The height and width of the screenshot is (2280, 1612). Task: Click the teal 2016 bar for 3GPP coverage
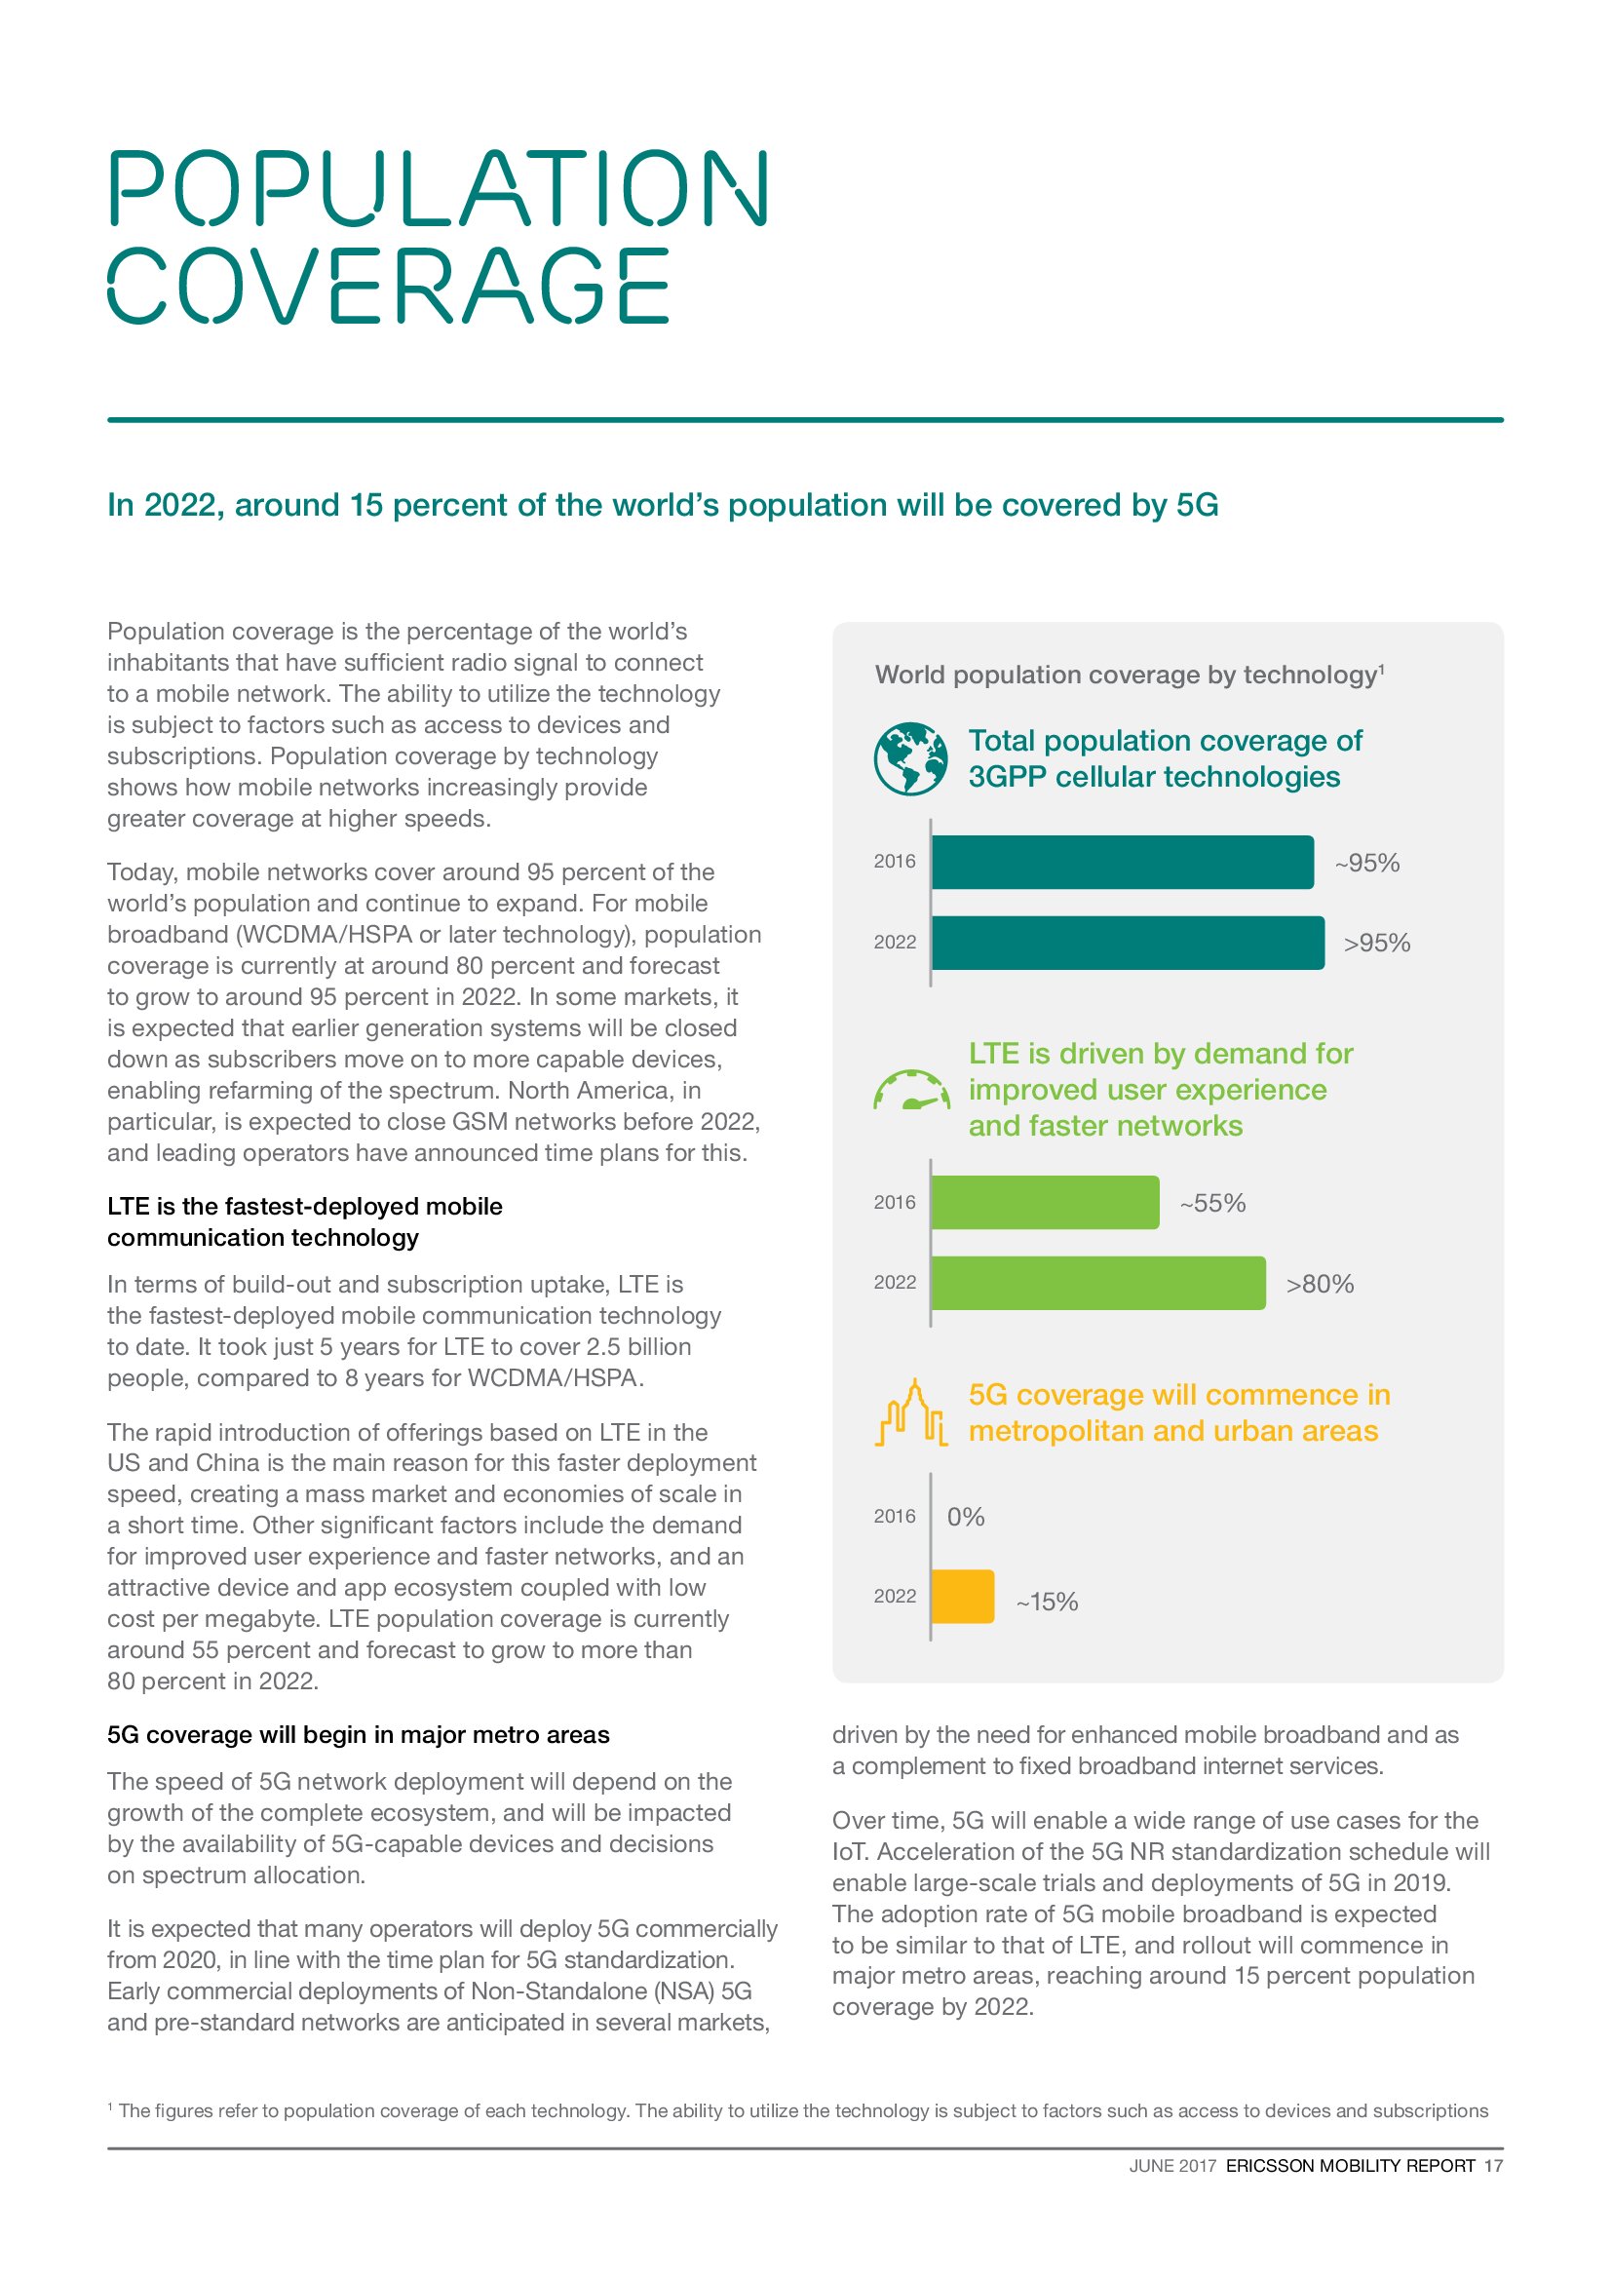(x=1122, y=862)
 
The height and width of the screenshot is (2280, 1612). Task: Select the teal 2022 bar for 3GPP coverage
(x=1127, y=943)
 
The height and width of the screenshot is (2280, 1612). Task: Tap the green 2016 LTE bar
(x=1044, y=1203)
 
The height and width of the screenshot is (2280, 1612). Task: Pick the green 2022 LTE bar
(x=1097, y=1283)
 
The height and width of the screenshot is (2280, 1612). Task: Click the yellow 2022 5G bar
(x=962, y=1597)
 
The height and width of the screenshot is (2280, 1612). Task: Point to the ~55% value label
(x=1212, y=1204)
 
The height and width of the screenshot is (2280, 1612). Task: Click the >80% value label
(x=1320, y=1284)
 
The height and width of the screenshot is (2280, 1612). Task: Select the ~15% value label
(x=1046, y=1602)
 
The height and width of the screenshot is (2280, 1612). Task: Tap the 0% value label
(x=965, y=1517)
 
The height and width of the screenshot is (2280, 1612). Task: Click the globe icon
(x=910, y=758)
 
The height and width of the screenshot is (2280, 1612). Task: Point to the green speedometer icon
(x=910, y=1090)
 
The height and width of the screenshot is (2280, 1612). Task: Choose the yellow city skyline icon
(x=910, y=1413)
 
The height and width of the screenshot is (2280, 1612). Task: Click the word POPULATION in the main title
(x=438, y=188)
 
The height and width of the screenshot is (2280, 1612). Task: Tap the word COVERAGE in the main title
(x=388, y=286)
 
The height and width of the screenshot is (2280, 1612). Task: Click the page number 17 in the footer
(x=1493, y=2165)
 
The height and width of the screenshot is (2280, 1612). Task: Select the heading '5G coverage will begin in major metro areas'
(x=359, y=1735)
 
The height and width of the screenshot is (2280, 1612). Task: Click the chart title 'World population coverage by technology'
(x=1128, y=676)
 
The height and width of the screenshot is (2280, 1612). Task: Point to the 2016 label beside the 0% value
(x=895, y=1517)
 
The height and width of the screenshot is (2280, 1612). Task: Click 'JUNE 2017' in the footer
(x=1171, y=2166)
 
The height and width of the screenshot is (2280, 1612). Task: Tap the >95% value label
(x=1376, y=944)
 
